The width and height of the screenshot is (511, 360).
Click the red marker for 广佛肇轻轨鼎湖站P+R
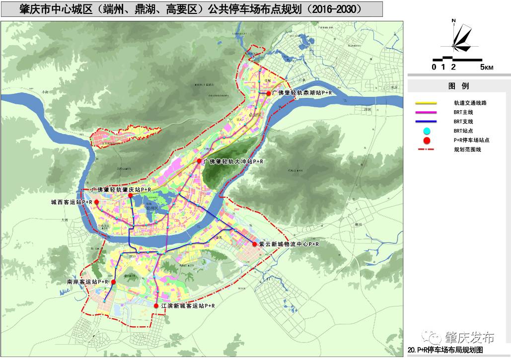269,93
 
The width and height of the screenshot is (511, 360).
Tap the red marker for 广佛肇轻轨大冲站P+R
199,161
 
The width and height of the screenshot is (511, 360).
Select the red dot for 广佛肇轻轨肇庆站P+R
130,196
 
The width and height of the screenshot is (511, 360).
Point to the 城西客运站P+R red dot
97,203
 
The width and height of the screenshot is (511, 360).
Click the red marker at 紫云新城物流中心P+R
255,244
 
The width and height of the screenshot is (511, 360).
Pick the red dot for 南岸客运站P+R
113,282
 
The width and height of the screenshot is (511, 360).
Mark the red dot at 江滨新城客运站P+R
156,306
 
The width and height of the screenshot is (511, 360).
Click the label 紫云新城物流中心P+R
289,244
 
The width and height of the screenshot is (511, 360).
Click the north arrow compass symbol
460,37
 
